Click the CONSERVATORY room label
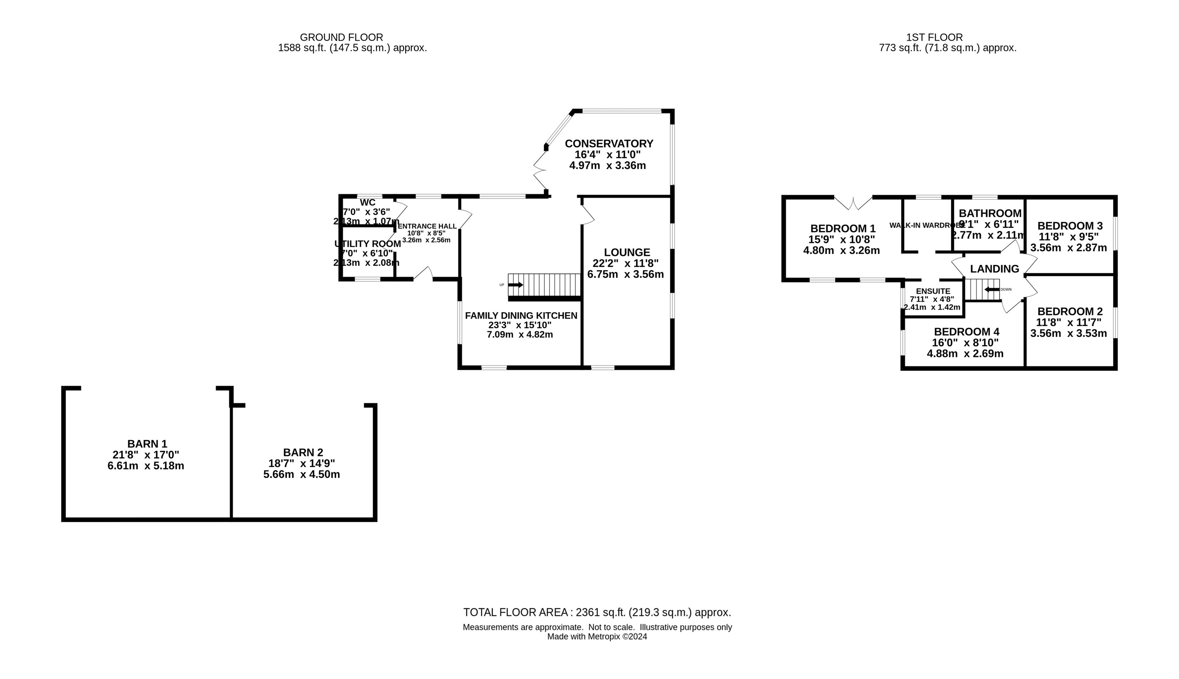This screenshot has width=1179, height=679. pyautogui.click(x=609, y=144)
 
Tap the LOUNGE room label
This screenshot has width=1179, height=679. pyautogui.click(x=627, y=252)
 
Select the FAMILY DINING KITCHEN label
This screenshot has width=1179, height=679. pyautogui.click(x=521, y=316)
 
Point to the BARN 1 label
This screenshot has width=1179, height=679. pyautogui.click(x=147, y=444)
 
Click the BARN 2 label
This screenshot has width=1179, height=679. pyautogui.click(x=303, y=452)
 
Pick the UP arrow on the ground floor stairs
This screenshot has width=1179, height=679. pyautogui.click(x=515, y=285)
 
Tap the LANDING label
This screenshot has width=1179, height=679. pyautogui.click(x=994, y=269)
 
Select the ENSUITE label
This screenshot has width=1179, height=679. pyautogui.click(x=932, y=291)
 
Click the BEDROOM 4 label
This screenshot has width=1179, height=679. pyautogui.click(x=966, y=332)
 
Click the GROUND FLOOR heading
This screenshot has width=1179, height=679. pyautogui.click(x=341, y=37)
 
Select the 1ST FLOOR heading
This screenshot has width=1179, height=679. pyautogui.click(x=934, y=37)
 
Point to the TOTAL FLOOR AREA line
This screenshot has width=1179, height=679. pyautogui.click(x=597, y=612)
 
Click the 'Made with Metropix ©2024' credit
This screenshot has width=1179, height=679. pyautogui.click(x=597, y=636)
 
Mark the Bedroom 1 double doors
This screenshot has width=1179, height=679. pyautogui.click(x=853, y=204)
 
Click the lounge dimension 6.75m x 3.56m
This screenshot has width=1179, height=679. pyautogui.click(x=625, y=274)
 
